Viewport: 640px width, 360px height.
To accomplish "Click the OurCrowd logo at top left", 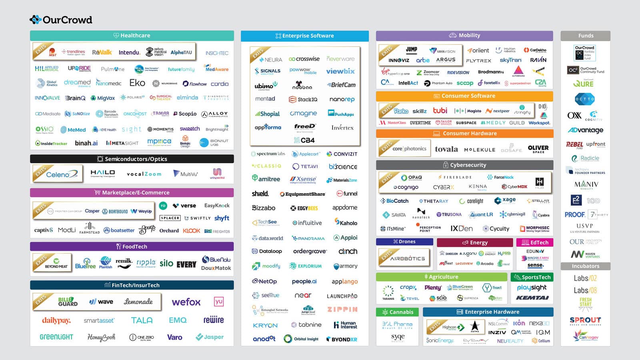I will pos(61,20).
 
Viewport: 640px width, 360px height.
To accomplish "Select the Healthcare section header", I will pos(132,36).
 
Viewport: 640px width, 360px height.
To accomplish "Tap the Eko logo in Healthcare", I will pos(137,83).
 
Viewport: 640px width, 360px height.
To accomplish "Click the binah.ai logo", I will pos(86,143).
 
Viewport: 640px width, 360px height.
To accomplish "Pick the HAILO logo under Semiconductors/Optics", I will pos(102,173).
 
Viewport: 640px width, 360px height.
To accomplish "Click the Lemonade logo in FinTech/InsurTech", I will pos(138,302).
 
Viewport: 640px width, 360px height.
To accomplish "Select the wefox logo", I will pos(186,302).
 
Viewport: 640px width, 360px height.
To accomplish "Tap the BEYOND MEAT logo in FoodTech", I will pos(56,263).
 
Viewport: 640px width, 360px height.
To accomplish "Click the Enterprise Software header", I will pos(304,36).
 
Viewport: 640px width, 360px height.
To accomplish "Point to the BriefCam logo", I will pos(341,85).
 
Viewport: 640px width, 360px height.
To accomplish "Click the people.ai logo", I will pos(304,281).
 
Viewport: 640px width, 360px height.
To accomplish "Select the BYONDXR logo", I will pos(342,339).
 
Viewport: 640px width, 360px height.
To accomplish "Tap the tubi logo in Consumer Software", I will pos(440,110).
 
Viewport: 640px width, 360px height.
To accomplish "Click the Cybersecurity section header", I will pos(464,165).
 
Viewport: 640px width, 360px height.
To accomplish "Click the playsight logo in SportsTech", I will pos(532,288).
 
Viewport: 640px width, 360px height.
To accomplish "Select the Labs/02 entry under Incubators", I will pos(585,278).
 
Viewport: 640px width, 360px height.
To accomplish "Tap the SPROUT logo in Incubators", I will pos(585,320).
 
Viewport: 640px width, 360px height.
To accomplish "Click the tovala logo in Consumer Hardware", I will pos(446,149).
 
